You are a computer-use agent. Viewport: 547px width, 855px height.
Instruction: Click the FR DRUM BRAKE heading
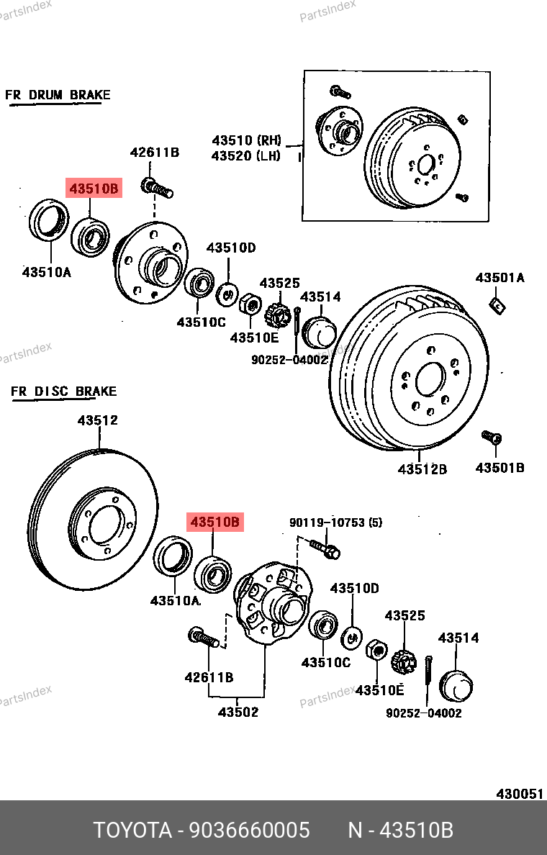pos(58,95)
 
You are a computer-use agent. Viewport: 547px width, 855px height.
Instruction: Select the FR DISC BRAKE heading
pos(63,392)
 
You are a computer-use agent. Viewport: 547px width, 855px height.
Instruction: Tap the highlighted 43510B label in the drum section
pos(94,189)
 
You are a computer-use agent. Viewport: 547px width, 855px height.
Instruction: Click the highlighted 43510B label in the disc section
pos(215,522)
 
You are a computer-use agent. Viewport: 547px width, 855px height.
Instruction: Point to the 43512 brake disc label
pos(98,420)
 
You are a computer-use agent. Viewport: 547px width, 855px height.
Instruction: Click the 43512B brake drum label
pos(422,469)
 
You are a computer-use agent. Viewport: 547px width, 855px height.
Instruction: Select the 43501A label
pos(499,278)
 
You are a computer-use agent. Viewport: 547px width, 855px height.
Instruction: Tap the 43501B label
pos(499,468)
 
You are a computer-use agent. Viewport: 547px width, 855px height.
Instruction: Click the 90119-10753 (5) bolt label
pos(336,522)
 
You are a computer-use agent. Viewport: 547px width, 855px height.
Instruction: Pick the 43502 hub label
pos(238,712)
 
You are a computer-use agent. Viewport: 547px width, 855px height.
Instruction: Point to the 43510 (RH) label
pos(246,140)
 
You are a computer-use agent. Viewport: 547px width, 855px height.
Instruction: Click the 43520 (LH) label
pos(246,155)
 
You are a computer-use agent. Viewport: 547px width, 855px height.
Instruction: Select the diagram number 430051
pos(519,794)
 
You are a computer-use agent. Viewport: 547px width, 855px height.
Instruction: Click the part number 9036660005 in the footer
pos(249,831)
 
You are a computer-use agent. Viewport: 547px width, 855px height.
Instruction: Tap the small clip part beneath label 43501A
pos(496,305)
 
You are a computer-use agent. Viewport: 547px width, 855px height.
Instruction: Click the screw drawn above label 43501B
pos(491,437)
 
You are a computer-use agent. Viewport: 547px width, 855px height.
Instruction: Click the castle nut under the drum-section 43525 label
pos(276,315)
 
